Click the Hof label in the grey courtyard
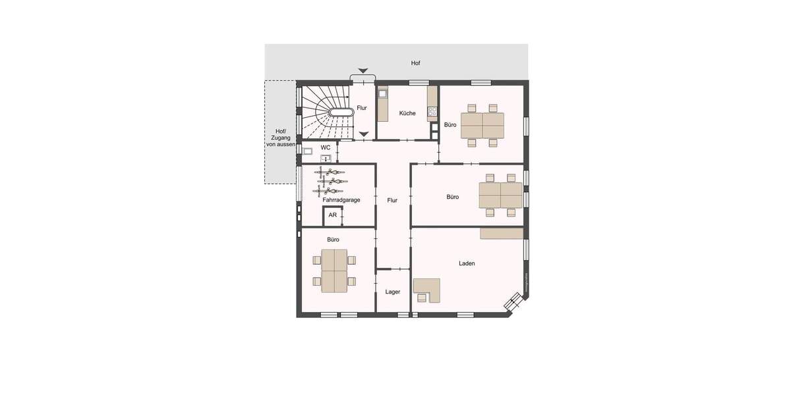(x=415, y=63)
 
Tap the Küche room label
(x=407, y=113)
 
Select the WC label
(x=326, y=147)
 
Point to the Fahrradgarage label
(x=341, y=199)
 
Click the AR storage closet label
(x=333, y=215)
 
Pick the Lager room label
(x=393, y=292)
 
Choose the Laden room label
(x=467, y=263)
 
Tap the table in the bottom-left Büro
(x=334, y=271)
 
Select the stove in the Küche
(x=432, y=112)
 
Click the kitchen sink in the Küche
(x=382, y=93)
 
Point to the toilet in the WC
(x=307, y=151)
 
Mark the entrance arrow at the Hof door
(x=363, y=71)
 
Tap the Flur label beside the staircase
(x=362, y=108)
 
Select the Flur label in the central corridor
(x=393, y=200)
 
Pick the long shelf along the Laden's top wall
(x=502, y=233)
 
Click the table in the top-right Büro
(x=482, y=124)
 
